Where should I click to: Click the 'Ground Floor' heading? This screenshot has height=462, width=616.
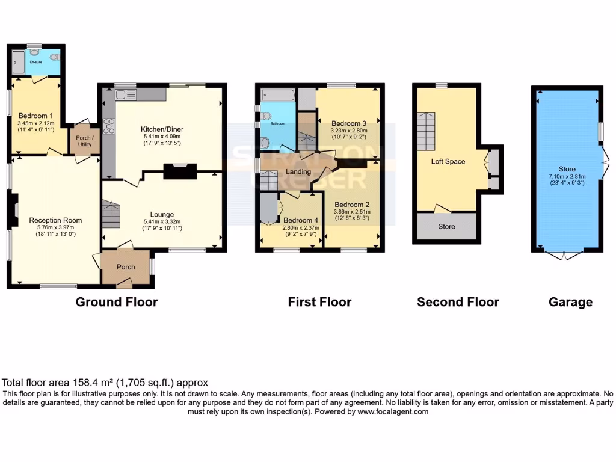pyautogui.click(x=116, y=302)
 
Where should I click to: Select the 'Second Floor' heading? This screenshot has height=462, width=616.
pyautogui.click(x=458, y=302)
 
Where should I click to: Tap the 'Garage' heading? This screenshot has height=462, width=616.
pyautogui.click(x=570, y=302)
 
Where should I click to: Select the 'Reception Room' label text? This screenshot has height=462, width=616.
pyautogui.click(x=55, y=220)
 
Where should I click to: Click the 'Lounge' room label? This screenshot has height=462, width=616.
pyautogui.click(x=162, y=214)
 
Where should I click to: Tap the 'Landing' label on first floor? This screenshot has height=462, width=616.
pyautogui.click(x=298, y=171)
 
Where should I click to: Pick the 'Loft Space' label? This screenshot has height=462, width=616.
pyautogui.click(x=448, y=161)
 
